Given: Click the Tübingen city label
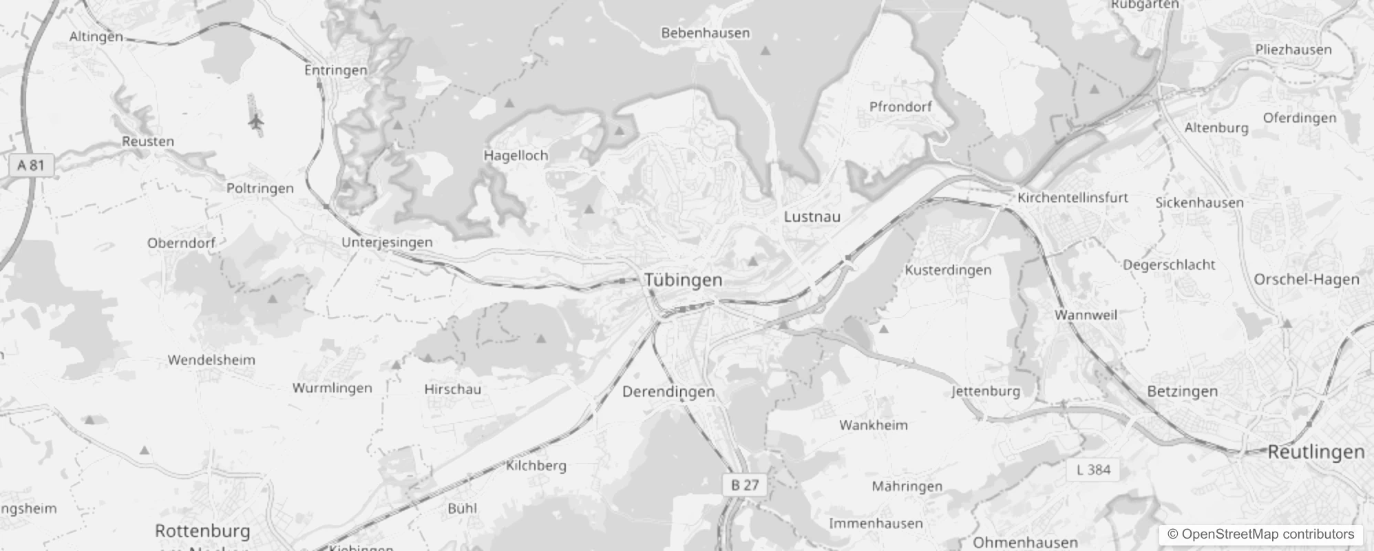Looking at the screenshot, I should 683,280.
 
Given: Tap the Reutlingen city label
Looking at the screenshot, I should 1315,452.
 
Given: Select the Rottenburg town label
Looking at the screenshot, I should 202,531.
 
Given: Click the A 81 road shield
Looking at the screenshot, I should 30,165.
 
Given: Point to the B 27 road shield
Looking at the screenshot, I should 745,485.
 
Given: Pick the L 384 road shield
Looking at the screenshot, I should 1093,470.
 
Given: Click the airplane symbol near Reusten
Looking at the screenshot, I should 256,123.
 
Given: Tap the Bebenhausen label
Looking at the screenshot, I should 705,33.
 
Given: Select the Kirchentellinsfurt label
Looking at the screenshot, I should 1072,198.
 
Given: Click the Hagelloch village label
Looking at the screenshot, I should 516,156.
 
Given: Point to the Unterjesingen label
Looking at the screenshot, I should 387,242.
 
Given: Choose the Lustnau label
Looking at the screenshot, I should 812,216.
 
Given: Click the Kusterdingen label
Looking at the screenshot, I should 948,270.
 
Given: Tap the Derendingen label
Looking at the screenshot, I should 668,392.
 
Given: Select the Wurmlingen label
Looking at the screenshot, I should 332,388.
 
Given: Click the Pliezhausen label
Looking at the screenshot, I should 1293,50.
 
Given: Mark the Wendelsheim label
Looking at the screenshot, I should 211,360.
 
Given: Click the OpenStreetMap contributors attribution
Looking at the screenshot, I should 1260,534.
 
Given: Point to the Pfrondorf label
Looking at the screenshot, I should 900,107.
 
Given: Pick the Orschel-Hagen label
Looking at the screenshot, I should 1306,280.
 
